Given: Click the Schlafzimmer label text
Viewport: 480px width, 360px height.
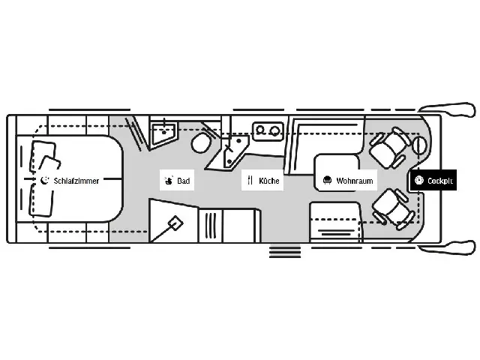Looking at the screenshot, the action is coord(76,181).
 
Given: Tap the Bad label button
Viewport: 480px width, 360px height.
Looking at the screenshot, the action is coord(177,180).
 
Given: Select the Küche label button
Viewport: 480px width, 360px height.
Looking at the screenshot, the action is coord(262,180).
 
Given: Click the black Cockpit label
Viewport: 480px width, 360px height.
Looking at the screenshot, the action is coord(433,180).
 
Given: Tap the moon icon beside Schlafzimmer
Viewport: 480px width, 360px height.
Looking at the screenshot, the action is coord(45,180).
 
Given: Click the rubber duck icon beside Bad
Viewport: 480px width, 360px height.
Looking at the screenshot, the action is coord(168,180).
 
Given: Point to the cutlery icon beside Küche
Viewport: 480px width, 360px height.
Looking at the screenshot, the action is coord(250,180).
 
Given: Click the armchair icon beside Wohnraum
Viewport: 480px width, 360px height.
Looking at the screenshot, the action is coord(327,180).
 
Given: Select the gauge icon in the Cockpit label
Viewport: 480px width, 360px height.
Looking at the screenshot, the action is coord(419,180).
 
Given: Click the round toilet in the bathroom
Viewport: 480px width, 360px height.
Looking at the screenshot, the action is coord(201,142).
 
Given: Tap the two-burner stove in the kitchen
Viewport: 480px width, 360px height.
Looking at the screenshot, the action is coord(268,131).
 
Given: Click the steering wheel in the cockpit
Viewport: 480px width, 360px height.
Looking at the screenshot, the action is coord(420,145).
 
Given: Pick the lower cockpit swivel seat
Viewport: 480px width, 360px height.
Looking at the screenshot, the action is coord(393,210).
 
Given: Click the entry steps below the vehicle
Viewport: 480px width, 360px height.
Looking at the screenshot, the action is coord(285,251).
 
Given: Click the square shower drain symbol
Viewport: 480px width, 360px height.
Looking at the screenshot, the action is coord(175,223).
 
